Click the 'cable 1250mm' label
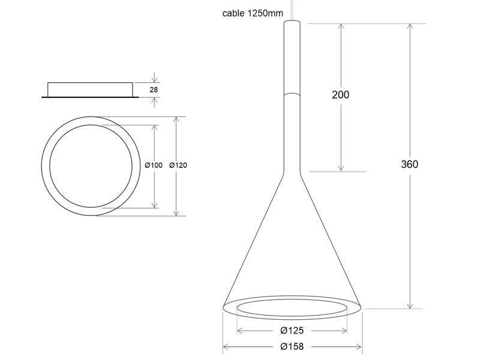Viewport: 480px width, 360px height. [x=253, y=13]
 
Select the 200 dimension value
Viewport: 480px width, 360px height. [x=340, y=95]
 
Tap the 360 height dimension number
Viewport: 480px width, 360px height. [x=410, y=164]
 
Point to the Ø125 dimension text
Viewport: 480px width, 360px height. [x=292, y=331]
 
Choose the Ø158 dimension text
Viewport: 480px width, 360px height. [x=292, y=347]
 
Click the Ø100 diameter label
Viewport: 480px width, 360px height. [x=154, y=166]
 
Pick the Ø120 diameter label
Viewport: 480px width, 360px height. [x=178, y=166]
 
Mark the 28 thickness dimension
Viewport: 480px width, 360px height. [x=154, y=89]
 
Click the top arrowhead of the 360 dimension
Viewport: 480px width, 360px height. [x=410, y=26]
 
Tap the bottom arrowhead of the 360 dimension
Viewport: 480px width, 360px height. [x=410, y=305]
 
